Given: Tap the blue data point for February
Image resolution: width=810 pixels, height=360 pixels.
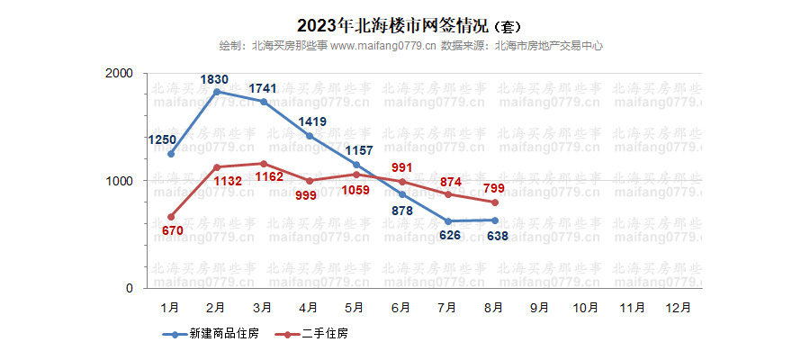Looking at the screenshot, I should click(x=217, y=92).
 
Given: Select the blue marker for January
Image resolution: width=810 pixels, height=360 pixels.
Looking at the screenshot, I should click(x=171, y=154).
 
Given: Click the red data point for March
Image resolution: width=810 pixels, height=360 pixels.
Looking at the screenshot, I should click(x=264, y=164).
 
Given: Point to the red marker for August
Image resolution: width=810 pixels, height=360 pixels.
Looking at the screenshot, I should click(x=495, y=202).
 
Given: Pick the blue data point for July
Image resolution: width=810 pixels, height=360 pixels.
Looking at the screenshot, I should click(x=448, y=221).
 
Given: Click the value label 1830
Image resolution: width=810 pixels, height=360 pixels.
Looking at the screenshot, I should click(x=214, y=79).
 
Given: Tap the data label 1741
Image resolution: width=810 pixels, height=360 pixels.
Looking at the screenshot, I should click(x=262, y=88).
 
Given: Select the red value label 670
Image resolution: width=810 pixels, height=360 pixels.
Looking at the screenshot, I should click(x=173, y=231).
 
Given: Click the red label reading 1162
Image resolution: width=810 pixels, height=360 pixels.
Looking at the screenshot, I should click(x=267, y=178).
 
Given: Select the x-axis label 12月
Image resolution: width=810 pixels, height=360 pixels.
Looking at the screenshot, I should click(x=679, y=308).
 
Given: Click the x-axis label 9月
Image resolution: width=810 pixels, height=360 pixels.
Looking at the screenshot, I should click(x=541, y=308).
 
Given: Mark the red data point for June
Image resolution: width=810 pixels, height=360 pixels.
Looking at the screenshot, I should click(x=402, y=182).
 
